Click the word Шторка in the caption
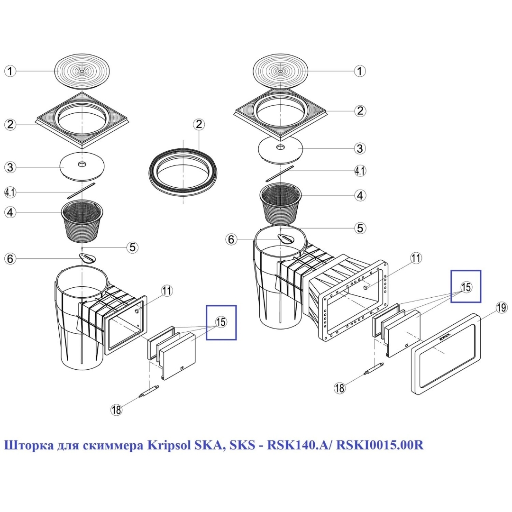[24, 447]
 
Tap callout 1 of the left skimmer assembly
[10, 71]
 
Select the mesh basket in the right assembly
[282, 204]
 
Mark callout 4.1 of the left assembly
[11, 192]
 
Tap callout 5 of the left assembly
[132, 247]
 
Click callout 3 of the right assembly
[360, 148]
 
